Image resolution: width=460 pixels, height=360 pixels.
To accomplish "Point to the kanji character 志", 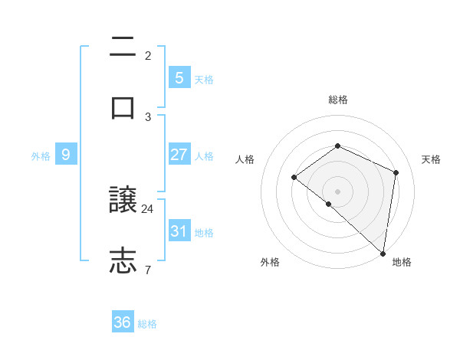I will point(123,260).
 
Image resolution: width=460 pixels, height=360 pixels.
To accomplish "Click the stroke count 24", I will point(148,208).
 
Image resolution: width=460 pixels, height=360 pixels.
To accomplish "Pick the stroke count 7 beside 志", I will point(148,270).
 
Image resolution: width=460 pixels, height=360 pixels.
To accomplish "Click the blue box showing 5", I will point(179,77).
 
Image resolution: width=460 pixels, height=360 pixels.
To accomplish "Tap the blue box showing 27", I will point(179,155).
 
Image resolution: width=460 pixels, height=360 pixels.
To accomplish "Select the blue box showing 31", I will point(179,231).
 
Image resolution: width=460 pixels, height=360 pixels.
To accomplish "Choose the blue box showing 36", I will point(123,322).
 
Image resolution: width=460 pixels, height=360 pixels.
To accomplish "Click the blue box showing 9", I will point(66,155).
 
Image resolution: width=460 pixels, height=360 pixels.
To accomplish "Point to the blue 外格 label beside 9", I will point(41,156).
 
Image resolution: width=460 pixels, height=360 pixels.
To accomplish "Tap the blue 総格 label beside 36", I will point(147,324).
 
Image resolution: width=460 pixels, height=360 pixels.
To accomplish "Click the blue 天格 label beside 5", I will point(203,80).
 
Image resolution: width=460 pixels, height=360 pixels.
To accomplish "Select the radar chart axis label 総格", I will point(337,100).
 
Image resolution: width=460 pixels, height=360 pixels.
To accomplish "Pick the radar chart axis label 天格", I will point(431,159).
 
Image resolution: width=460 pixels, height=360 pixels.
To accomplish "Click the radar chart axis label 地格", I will point(402,262).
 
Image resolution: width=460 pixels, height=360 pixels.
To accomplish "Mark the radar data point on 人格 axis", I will point(294,178).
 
